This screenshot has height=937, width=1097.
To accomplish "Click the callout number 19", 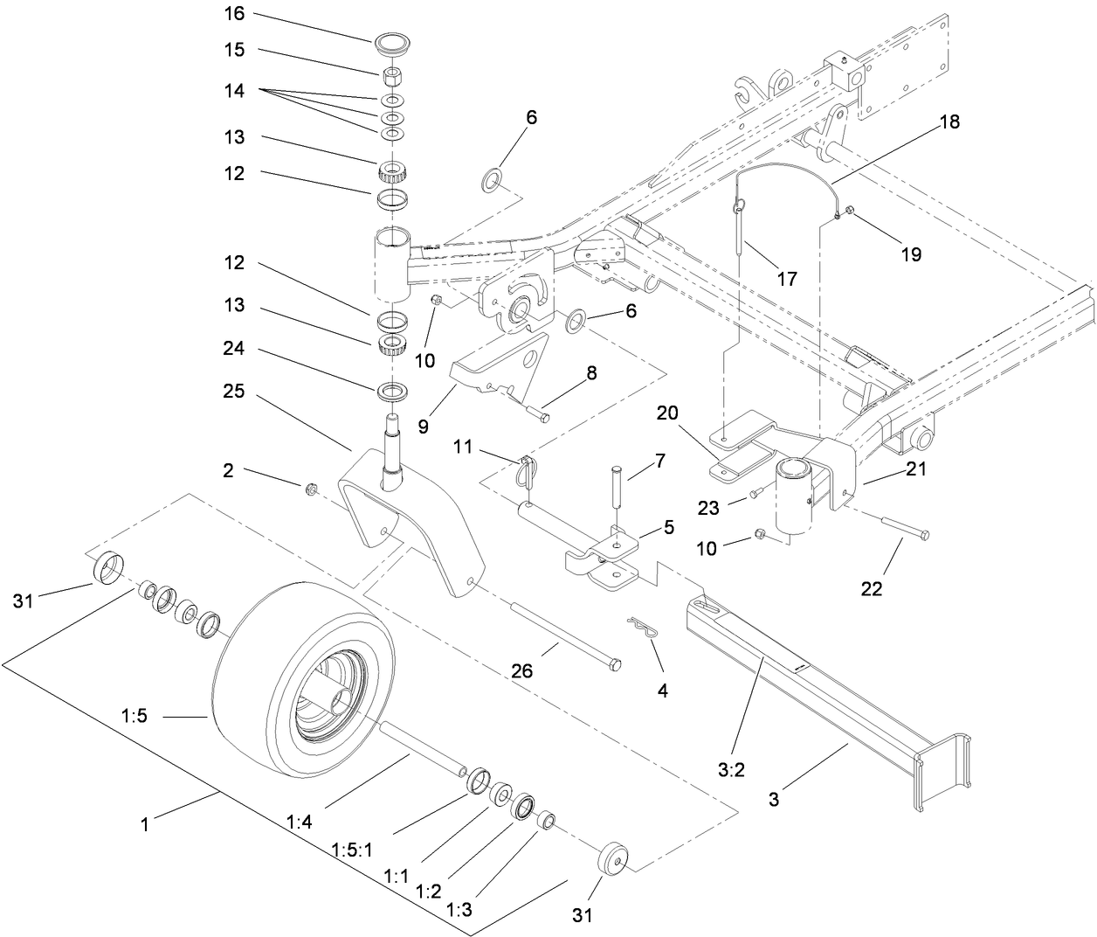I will coord(912,254).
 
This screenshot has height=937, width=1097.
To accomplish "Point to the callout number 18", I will coord(949,121).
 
